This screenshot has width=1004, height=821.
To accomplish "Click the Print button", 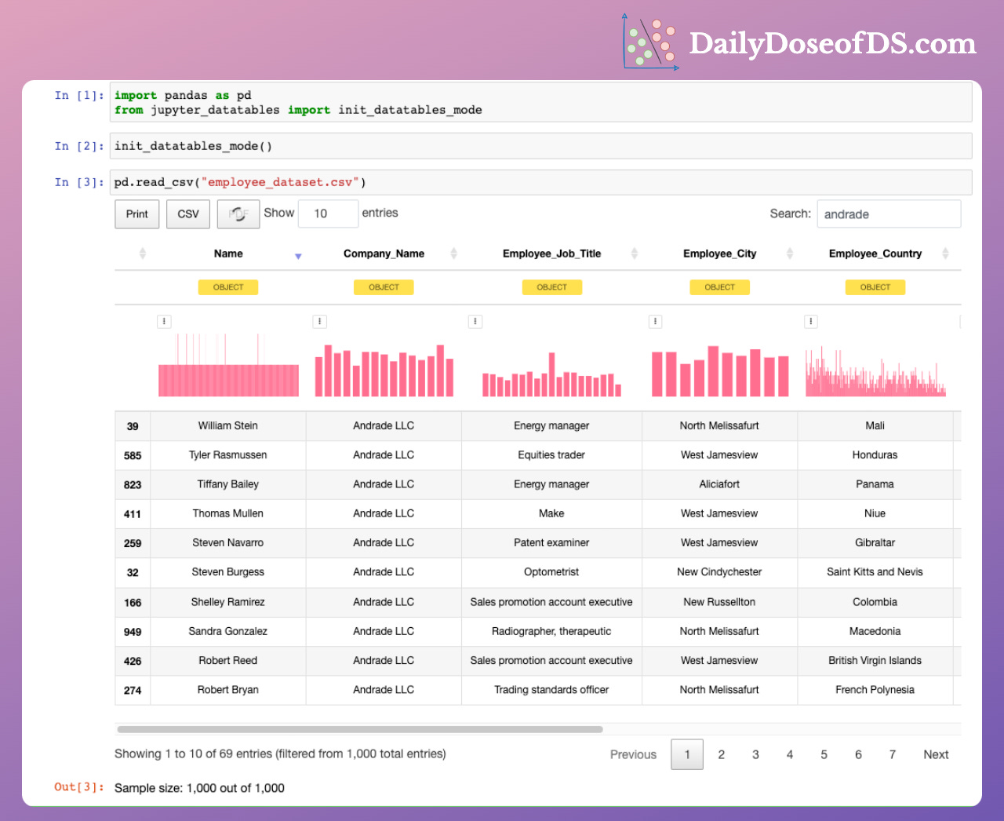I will tap(136, 214).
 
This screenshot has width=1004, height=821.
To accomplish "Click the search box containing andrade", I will tap(888, 214).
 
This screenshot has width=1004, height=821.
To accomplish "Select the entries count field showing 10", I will tap(327, 213).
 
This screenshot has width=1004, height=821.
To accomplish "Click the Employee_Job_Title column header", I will tap(551, 254).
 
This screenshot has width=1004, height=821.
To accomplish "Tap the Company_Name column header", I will tap(384, 254).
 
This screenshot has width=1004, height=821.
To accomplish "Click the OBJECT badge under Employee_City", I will tap(719, 287).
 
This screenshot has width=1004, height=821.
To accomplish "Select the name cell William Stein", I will tap(227, 425).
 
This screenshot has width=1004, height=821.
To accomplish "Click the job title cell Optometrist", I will tap(551, 572).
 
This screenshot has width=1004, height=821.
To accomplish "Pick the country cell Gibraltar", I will tap(875, 542).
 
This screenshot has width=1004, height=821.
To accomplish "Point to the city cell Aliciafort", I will tap(719, 484).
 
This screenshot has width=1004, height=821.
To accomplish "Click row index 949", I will tap(133, 632).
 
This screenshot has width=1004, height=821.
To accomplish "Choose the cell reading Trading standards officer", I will tap(551, 690).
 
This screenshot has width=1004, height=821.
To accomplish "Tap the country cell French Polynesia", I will tap(875, 690).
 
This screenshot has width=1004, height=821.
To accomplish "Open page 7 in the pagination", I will tap(892, 754).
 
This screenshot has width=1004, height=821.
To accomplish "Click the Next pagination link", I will tap(936, 754).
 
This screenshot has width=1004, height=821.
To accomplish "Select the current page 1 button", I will tap(687, 754).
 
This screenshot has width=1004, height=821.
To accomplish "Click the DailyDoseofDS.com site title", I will tap(832, 43).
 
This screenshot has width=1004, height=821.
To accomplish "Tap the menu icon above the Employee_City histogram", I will tap(656, 321).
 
